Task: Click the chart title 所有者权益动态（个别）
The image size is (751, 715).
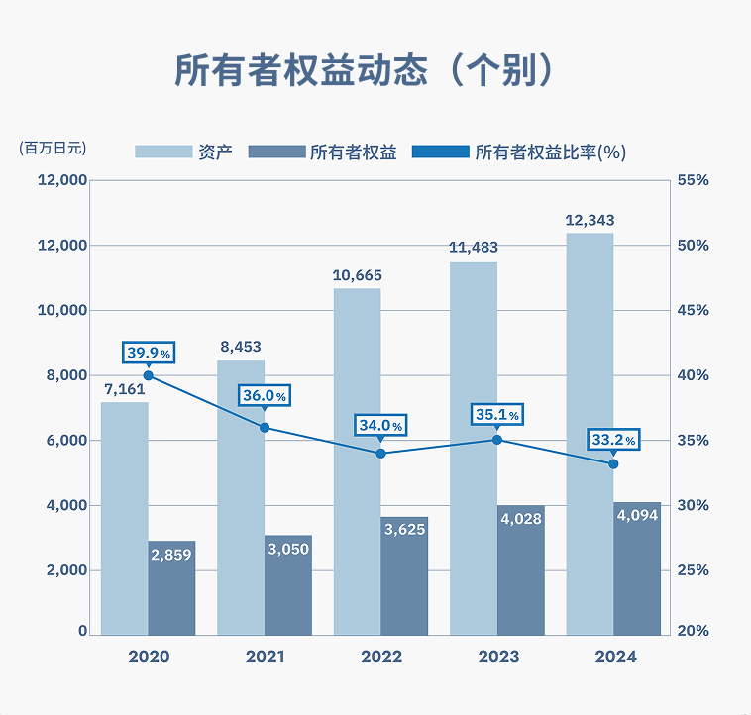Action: [362, 70]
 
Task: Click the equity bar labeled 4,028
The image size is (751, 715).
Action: [521, 570]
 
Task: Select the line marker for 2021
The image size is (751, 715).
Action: [265, 428]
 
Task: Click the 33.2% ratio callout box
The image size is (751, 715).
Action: [613, 439]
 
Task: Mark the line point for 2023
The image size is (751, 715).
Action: [497, 440]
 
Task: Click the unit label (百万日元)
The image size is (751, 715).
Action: [53, 149]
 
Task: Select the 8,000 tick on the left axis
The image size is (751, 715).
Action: [64, 375]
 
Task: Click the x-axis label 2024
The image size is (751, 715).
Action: [614, 657]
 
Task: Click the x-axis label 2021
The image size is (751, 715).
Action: [265, 657]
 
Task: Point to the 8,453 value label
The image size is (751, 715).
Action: [240, 347]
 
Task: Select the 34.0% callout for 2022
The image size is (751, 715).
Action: [381, 426]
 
